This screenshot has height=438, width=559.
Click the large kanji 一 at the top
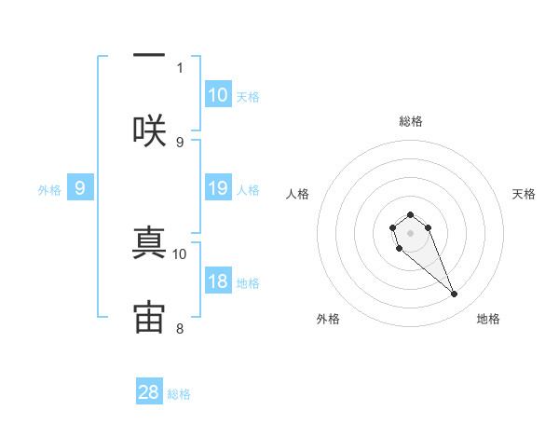point(149,55)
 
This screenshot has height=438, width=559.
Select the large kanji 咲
point(149,130)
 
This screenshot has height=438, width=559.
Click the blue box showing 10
point(218,95)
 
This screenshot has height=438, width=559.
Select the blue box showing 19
point(218,189)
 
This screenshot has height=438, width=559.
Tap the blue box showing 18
point(218,282)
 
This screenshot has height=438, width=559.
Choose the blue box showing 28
point(149,392)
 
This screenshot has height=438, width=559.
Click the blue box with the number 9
point(80,189)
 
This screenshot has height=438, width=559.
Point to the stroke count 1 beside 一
point(180,67)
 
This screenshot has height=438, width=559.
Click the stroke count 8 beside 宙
point(180,328)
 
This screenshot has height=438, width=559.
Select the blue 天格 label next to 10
point(248,97)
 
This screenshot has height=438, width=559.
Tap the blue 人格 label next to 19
point(248,190)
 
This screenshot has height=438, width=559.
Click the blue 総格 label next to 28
point(179,394)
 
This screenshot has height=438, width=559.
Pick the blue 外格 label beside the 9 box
point(49,190)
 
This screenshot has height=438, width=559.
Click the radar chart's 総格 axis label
point(411,121)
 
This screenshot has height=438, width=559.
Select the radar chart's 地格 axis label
point(488,319)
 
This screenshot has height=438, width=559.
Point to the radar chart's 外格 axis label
point(328,319)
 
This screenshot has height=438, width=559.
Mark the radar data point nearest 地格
point(455,294)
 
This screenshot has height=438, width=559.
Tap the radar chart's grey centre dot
point(410,233)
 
